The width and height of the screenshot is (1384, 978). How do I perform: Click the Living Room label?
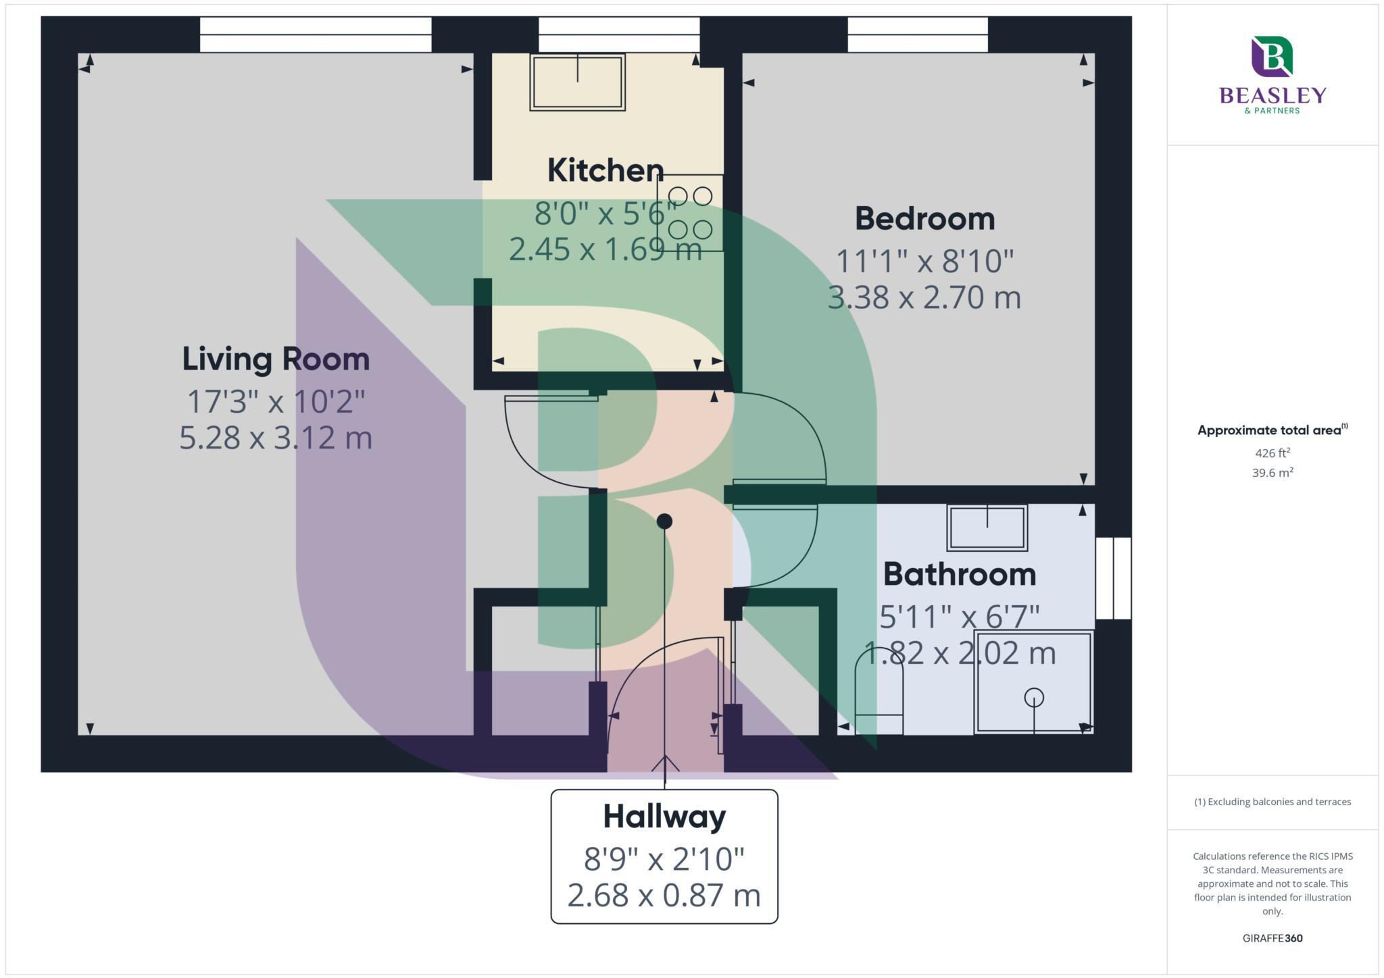276,359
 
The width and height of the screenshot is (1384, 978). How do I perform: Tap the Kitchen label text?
605,170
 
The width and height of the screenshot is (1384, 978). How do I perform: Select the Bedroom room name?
924,219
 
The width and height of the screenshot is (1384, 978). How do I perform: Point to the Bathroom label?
960,574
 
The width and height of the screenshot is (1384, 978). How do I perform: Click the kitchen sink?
577,82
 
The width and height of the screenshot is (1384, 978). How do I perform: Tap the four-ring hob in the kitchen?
690,213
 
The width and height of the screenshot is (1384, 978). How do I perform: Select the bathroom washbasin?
987,527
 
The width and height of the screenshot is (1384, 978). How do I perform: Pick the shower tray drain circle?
1034,697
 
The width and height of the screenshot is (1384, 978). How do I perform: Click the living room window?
316,34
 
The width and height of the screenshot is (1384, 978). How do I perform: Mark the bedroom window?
917,34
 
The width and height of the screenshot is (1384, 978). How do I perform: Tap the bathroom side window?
1112,578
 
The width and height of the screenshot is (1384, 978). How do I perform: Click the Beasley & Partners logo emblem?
1272,57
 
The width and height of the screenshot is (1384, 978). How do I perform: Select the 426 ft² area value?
1272,453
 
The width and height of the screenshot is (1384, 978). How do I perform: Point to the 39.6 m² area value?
1272,473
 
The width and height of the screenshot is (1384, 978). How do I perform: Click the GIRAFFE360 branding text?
1272,938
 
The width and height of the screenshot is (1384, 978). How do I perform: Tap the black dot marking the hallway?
664,521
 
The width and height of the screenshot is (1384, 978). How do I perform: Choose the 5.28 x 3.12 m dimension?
276,438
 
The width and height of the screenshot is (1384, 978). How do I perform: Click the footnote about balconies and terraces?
1272,802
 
